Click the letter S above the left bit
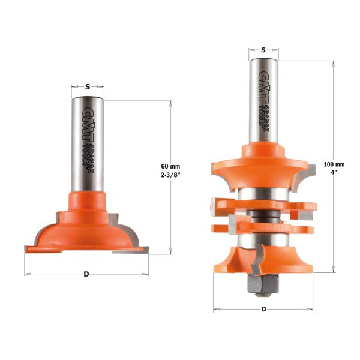tap(88, 87)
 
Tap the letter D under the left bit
tap(86, 274)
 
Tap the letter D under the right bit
tap(264, 310)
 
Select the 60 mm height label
tap(171, 166)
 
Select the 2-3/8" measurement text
tap(171, 176)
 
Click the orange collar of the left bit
tap(88, 200)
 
